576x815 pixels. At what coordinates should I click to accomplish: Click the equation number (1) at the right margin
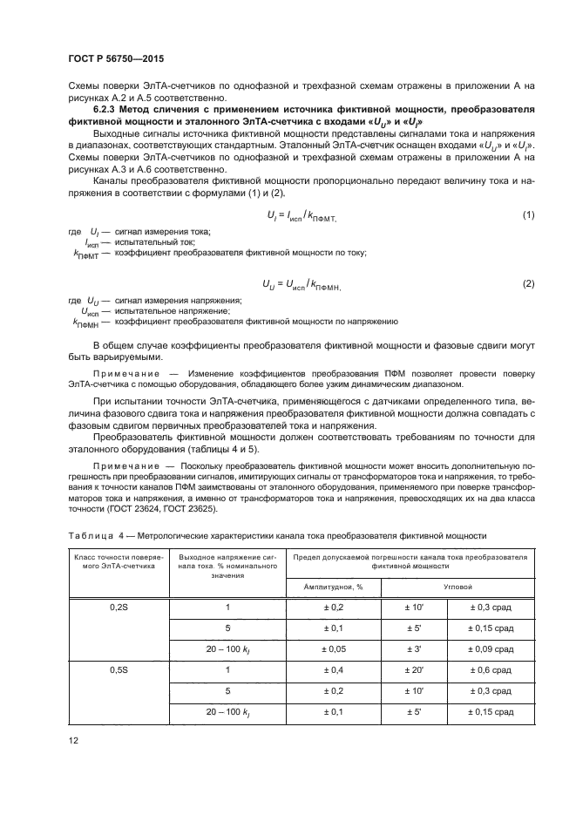(527, 214)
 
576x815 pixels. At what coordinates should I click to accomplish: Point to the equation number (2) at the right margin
(527, 284)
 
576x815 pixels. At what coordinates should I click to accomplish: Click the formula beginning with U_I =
(304, 214)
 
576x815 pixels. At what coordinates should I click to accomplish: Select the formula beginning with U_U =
(302, 284)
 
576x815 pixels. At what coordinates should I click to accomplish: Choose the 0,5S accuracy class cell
(119, 669)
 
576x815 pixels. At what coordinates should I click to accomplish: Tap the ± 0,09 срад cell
(490, 649)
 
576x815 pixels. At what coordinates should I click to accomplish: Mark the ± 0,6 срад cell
(490, 669)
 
